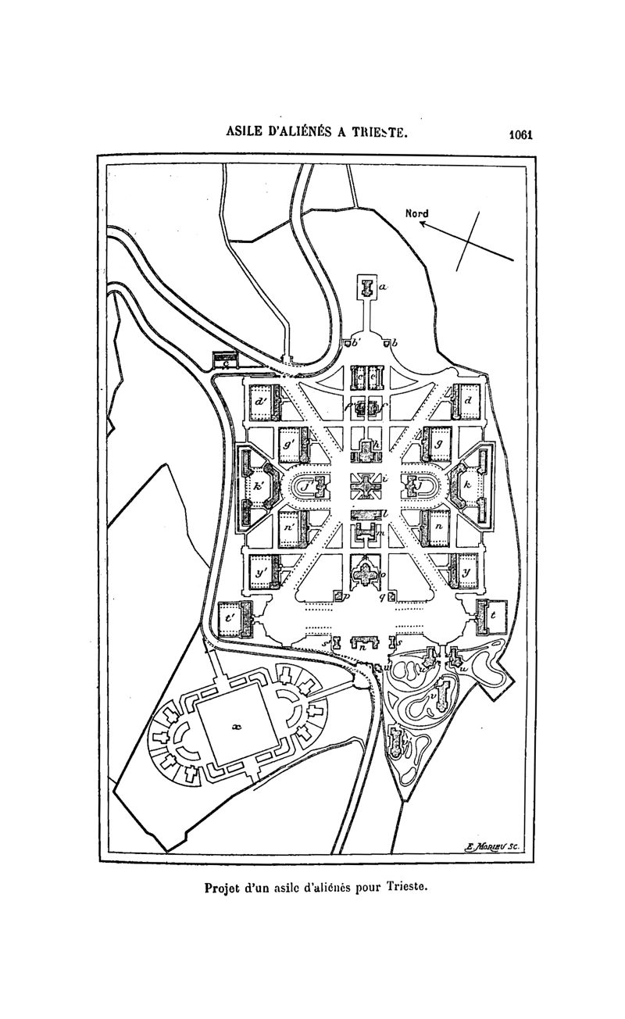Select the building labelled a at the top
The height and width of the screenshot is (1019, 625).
click(366, 288)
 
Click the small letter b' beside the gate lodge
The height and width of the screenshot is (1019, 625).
click(357, 341)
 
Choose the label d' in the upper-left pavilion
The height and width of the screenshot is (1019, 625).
click(260, 402)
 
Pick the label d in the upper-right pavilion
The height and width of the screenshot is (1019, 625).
click(468, 400)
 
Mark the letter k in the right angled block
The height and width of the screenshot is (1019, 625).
click(467, 485)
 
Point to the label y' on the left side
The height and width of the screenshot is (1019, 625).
click(260, 572)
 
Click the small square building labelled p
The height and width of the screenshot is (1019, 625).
click(338, 596)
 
